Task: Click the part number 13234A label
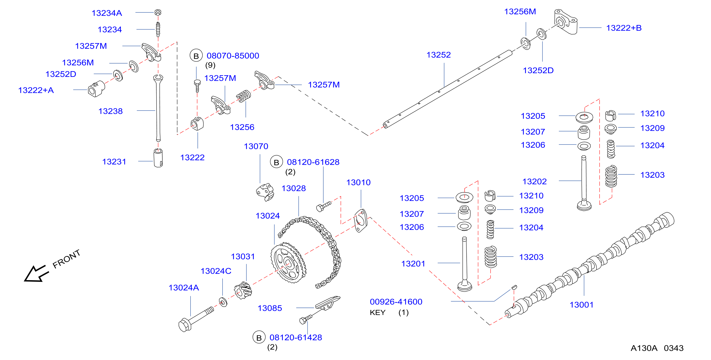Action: tap(107, 13)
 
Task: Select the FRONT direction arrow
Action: tap(36, 273)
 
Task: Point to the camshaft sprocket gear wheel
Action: tap(288, 262)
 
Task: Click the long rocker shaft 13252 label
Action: tap(438, 55)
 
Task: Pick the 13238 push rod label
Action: tap(110, 111)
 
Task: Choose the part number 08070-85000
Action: tap(233, 56)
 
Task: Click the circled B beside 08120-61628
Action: tap(276, 162)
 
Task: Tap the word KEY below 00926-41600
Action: tap(377, 312)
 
